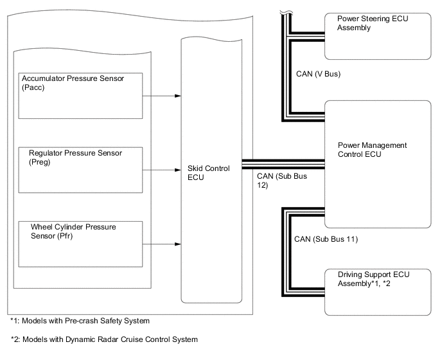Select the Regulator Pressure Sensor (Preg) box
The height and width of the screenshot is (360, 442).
(x=81, y=169)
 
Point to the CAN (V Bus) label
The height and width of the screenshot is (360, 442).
(x=318, y=74)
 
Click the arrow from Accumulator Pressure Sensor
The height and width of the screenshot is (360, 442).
(x=161, y=96)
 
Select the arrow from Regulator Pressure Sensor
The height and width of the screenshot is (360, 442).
(x=161, y=171)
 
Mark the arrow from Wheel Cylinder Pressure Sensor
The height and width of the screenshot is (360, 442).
(x=161, y=244)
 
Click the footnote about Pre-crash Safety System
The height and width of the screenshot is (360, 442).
(x=80, y=320)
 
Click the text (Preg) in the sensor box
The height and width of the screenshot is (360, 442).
(x=40, y=163)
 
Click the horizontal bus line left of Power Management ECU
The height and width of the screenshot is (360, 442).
(x=282, y=165)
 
